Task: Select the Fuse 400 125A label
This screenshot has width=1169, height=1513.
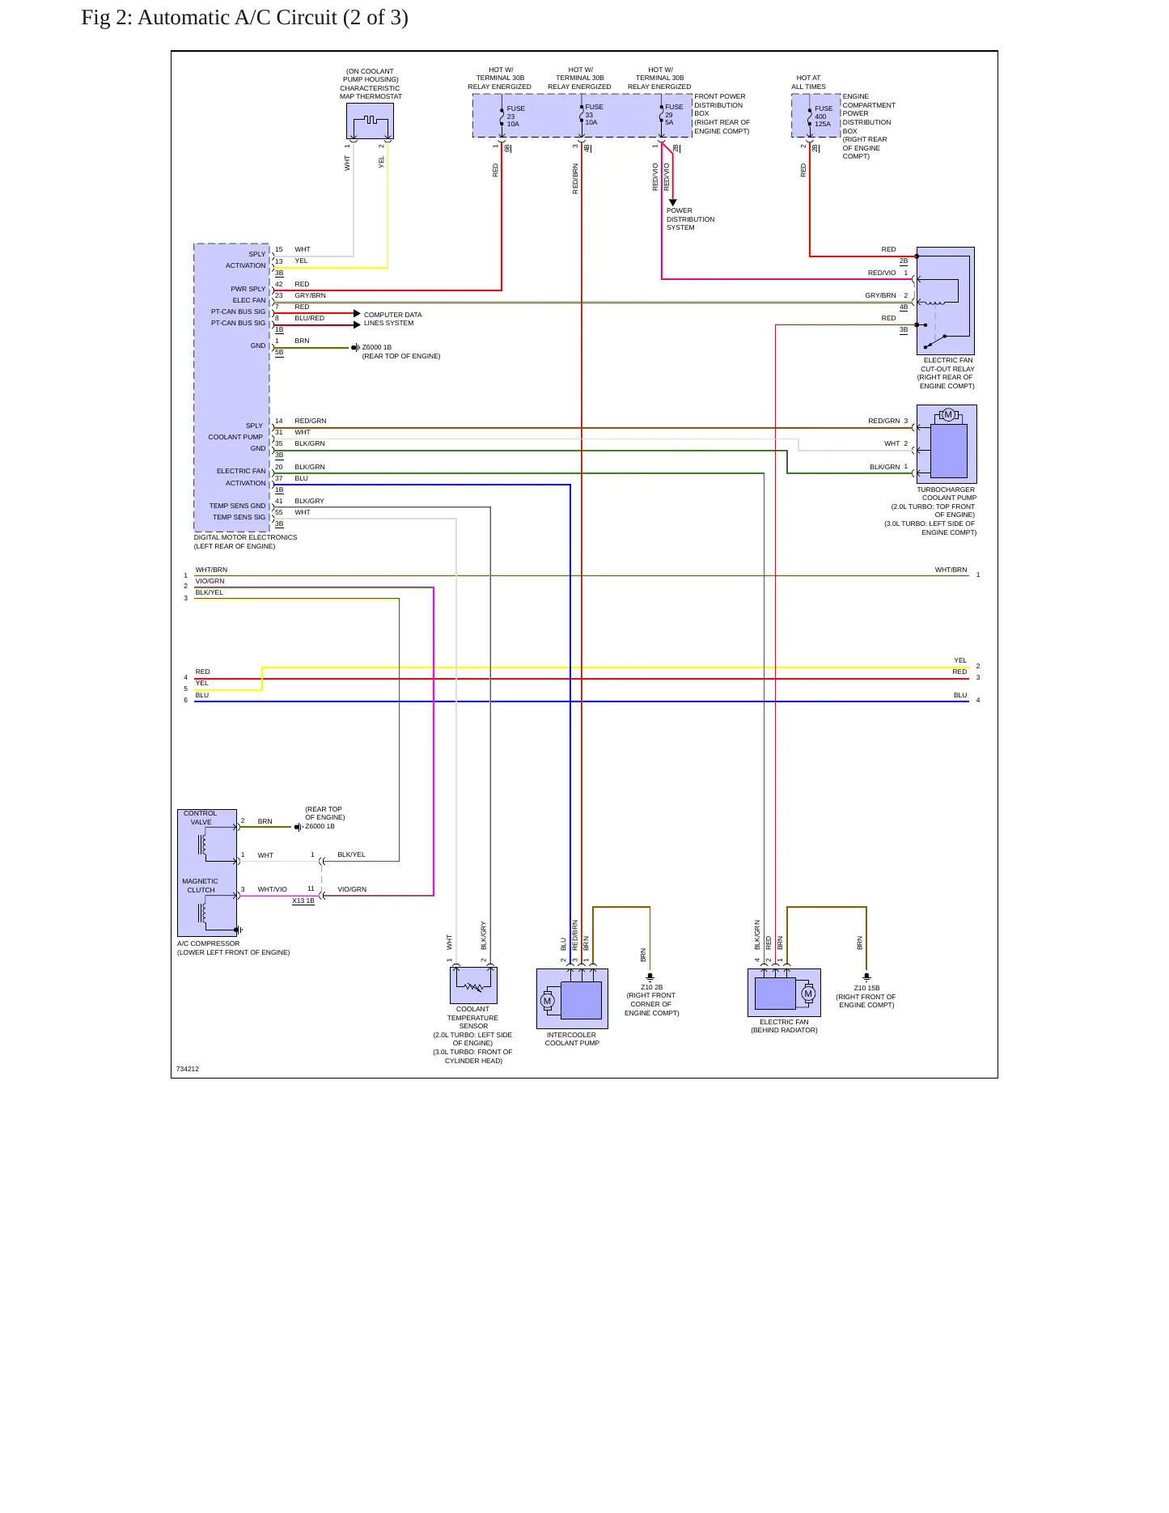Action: (823, 117)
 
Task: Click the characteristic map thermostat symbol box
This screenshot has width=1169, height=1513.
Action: (370, 121)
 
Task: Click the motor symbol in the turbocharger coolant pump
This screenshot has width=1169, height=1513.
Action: (948, 415)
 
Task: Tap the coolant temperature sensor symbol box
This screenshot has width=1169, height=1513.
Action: (473, 985)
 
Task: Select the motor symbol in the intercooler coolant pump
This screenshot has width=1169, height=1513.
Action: (548, 1002)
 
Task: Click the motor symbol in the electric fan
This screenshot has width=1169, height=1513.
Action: (807, 994)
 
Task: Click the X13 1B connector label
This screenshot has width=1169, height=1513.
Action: (303, 901)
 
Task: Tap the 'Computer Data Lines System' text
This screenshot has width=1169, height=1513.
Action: (392, 319)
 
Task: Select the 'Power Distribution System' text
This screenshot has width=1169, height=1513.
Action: (690, 219)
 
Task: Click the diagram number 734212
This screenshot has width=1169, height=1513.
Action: (188, 1069)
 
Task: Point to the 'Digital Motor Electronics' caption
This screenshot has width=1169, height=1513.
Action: (245, 541)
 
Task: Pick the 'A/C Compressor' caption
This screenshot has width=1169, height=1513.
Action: (233, 947)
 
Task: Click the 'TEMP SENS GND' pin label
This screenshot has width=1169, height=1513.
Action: (237, 506)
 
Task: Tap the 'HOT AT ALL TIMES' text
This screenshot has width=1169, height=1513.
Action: (808, 83)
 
